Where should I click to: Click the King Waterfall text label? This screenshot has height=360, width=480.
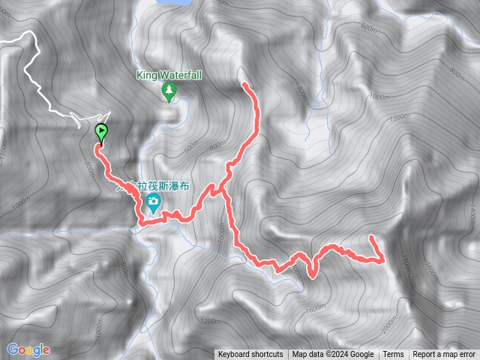coord(169,75)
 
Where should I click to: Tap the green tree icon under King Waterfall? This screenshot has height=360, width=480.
coord(169,92)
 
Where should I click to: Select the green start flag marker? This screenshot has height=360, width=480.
coord(100,133)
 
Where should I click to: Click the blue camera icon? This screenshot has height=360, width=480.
coord(153,201)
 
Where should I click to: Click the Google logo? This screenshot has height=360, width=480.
coord(28,349)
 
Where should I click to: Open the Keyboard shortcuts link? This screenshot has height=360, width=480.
coord(250,355)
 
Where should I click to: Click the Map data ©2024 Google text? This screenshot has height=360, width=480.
coord(333,355)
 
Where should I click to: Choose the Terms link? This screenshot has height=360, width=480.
coord(393,355)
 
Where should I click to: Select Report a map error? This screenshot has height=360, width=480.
coord(445,355)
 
